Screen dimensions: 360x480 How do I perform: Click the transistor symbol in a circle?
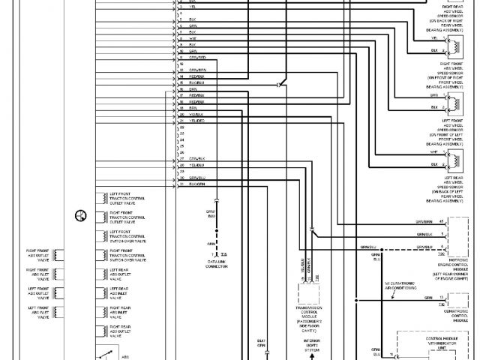point(80,217)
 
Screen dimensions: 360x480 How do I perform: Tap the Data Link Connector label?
point(217,263)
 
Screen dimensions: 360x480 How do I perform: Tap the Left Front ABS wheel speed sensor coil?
point(454,101)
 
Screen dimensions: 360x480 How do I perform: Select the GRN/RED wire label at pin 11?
point(197,57)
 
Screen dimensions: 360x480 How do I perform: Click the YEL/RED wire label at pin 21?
point(197,120)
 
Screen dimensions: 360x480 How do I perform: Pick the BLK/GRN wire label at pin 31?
point(197,184)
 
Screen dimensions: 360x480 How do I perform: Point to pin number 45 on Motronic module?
point(442,222)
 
